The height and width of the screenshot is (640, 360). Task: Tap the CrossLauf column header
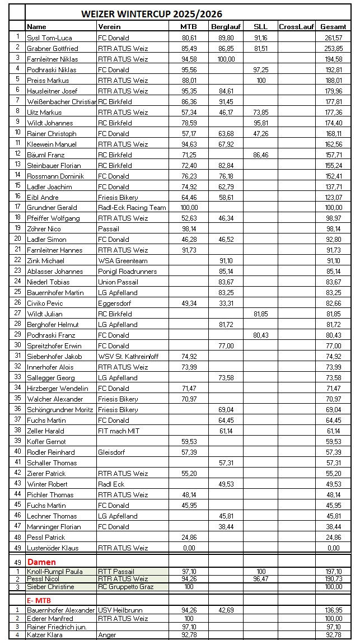point(296,27)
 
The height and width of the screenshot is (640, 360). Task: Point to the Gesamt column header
point(333,27)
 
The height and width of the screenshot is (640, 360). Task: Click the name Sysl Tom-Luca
point(49,38)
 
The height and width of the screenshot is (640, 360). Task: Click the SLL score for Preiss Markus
point(261,80)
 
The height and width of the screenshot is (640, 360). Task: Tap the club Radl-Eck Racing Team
point(132,208)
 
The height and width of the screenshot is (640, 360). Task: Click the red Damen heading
point(42,562)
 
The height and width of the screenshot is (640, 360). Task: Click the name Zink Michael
point(45,261)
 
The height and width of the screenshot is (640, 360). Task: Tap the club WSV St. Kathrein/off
point(129,357)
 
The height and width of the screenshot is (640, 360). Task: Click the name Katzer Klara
point(45,634)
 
